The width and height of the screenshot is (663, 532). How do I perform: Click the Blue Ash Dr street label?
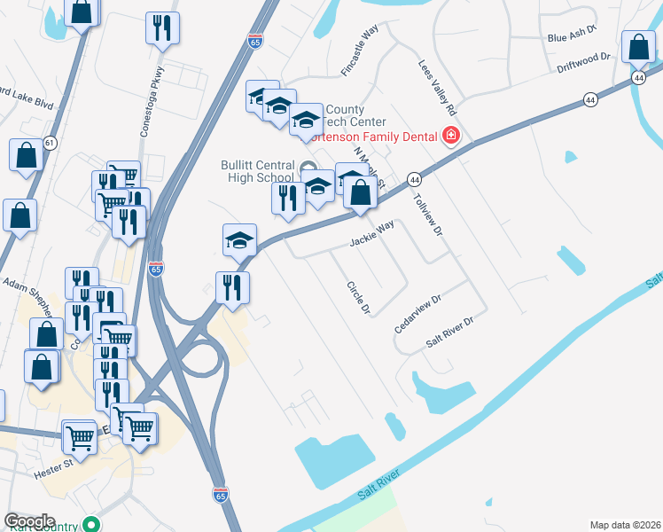point(573,37)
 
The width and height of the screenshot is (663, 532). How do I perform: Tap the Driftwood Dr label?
point(584,61)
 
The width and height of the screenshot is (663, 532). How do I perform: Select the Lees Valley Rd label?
point(438,87)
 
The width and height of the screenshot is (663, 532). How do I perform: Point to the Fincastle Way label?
point(360,51)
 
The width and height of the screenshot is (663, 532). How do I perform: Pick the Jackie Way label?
point(371,239)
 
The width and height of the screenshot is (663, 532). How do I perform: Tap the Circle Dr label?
point(358,299)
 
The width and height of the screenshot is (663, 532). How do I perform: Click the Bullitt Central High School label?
point(256,171)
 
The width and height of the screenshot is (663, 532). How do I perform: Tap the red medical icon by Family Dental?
point(451,137)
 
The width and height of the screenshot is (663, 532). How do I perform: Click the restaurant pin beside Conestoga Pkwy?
point(163,27)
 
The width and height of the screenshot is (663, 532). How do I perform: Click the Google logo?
point(29,521)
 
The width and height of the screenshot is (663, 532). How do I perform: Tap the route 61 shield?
point(51,142)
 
